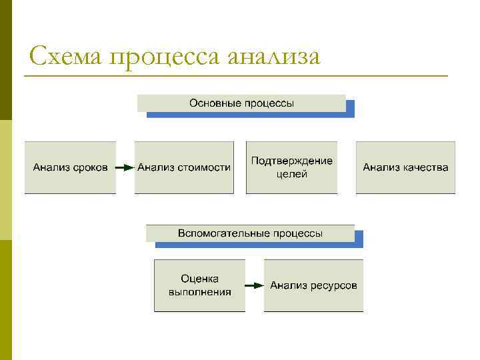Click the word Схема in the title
[x=65, y=56]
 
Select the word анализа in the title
[x=273, y=57]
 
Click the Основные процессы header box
[x=241, y=103]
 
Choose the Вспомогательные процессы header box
[x=250, y=233]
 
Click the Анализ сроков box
[x=70, y=167]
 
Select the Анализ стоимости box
[x=184, y=167]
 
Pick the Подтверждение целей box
[x=291, y=167]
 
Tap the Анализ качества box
[x=405, y=167]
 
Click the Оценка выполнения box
[x=199, y=285]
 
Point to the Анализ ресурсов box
[x=313, y=285]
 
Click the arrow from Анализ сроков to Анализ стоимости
[x=125, y=167]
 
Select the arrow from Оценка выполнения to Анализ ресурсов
[x=254, y=285]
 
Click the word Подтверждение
[x=291, y=161]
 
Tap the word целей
[x=291, y=174]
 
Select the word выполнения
[x=199, y=292]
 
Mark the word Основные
[x=212, y=103]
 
